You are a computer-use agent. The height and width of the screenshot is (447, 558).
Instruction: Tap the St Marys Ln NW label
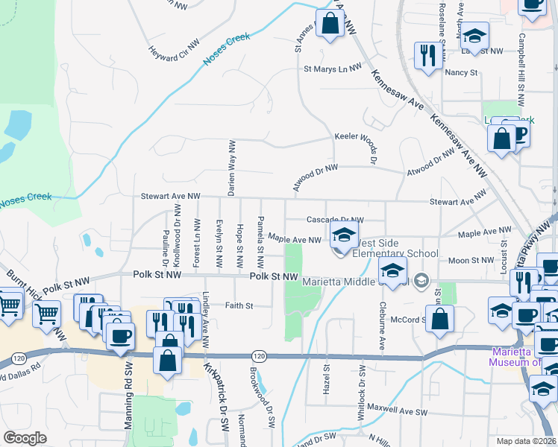[332, 69]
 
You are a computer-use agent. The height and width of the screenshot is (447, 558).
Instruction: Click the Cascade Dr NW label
[335, 220]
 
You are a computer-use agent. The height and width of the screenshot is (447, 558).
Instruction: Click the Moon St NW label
[471, 260]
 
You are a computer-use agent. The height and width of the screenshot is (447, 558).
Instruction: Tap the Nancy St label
[461, 72]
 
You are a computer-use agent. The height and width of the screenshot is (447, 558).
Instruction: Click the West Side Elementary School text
[395, 248]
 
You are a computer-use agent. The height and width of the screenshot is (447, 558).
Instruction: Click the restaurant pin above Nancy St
[428, 54]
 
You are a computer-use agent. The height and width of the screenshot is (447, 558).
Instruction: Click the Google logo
[24, 438]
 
